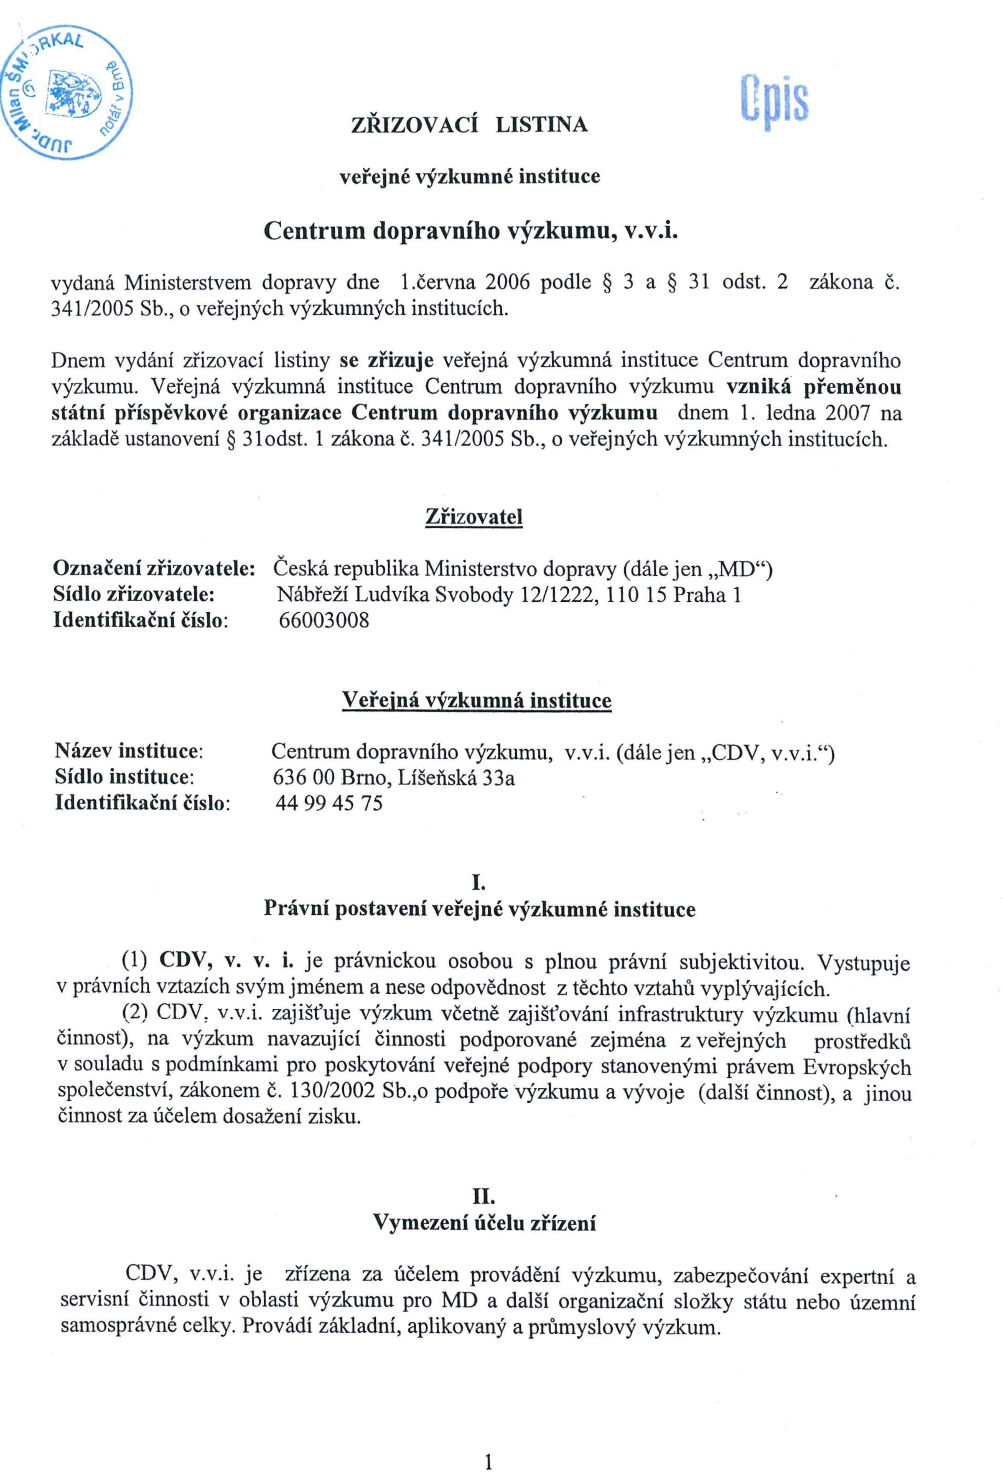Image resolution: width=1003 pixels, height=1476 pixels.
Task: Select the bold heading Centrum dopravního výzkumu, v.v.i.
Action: (471, 231)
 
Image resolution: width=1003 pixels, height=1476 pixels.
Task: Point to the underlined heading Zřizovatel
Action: (473, 517)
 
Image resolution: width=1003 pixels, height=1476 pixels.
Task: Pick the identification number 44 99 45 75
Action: (329, 804)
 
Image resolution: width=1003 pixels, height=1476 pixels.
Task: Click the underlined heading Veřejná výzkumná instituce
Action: (476, 701)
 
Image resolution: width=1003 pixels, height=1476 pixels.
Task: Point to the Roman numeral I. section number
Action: (479, 883)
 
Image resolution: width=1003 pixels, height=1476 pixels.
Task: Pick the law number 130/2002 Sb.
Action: (344, 1092)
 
